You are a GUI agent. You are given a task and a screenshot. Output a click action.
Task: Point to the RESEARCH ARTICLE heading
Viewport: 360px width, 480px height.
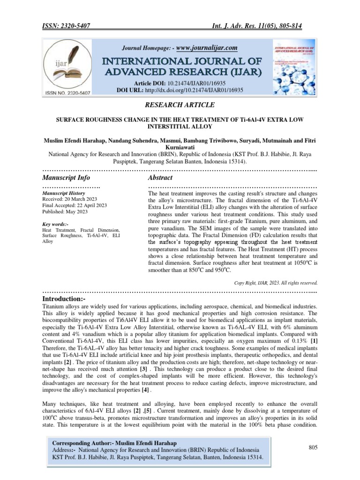point(180,104)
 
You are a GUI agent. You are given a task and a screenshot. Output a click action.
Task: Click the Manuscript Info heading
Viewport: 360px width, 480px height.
point(66,178)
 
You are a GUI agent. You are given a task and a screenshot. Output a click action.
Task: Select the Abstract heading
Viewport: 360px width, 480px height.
point(160,178)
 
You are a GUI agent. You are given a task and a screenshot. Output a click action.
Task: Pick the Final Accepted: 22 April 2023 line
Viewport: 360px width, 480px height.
point(74,205)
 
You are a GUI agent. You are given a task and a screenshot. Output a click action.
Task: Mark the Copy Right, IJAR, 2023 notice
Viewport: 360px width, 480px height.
point(276,283)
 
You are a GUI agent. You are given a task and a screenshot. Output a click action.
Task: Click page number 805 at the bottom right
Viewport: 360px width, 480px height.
point(313,448)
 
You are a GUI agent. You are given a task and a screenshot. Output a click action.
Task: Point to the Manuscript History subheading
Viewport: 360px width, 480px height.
point(64,193)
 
